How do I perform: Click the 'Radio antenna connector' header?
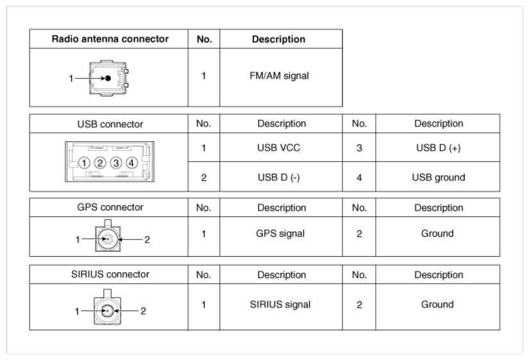pyautogui.click(x=109, y=39)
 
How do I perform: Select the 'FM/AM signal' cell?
pyautogui.click(x=281, y=75)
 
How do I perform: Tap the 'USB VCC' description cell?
pyautogui.click(x=281, y=148)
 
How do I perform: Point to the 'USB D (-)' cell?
pyautogui.click(x=281, y=177)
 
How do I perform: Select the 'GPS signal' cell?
pyautogui.click(x=281, y=234)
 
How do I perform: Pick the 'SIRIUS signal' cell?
pyautogui.click(x=281, y=304)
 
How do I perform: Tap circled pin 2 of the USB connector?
pyautogui.click(x=101, y=164)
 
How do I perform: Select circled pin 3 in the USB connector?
pyautogui.click(x=116, y=164)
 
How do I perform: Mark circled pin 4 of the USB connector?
pyautogui.click(x=131, y=164)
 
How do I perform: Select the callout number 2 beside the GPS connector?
pyautogui.click(x=147, y=240)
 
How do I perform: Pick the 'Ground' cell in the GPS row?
pyautogui.click(x=438, y=234)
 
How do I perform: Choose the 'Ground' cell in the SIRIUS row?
pyautogui.click(x=438, y=304)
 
